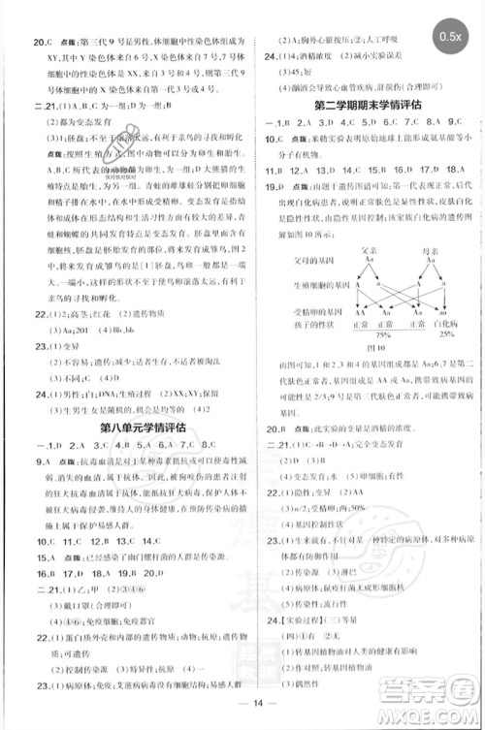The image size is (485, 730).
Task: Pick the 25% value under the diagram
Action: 446,333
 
